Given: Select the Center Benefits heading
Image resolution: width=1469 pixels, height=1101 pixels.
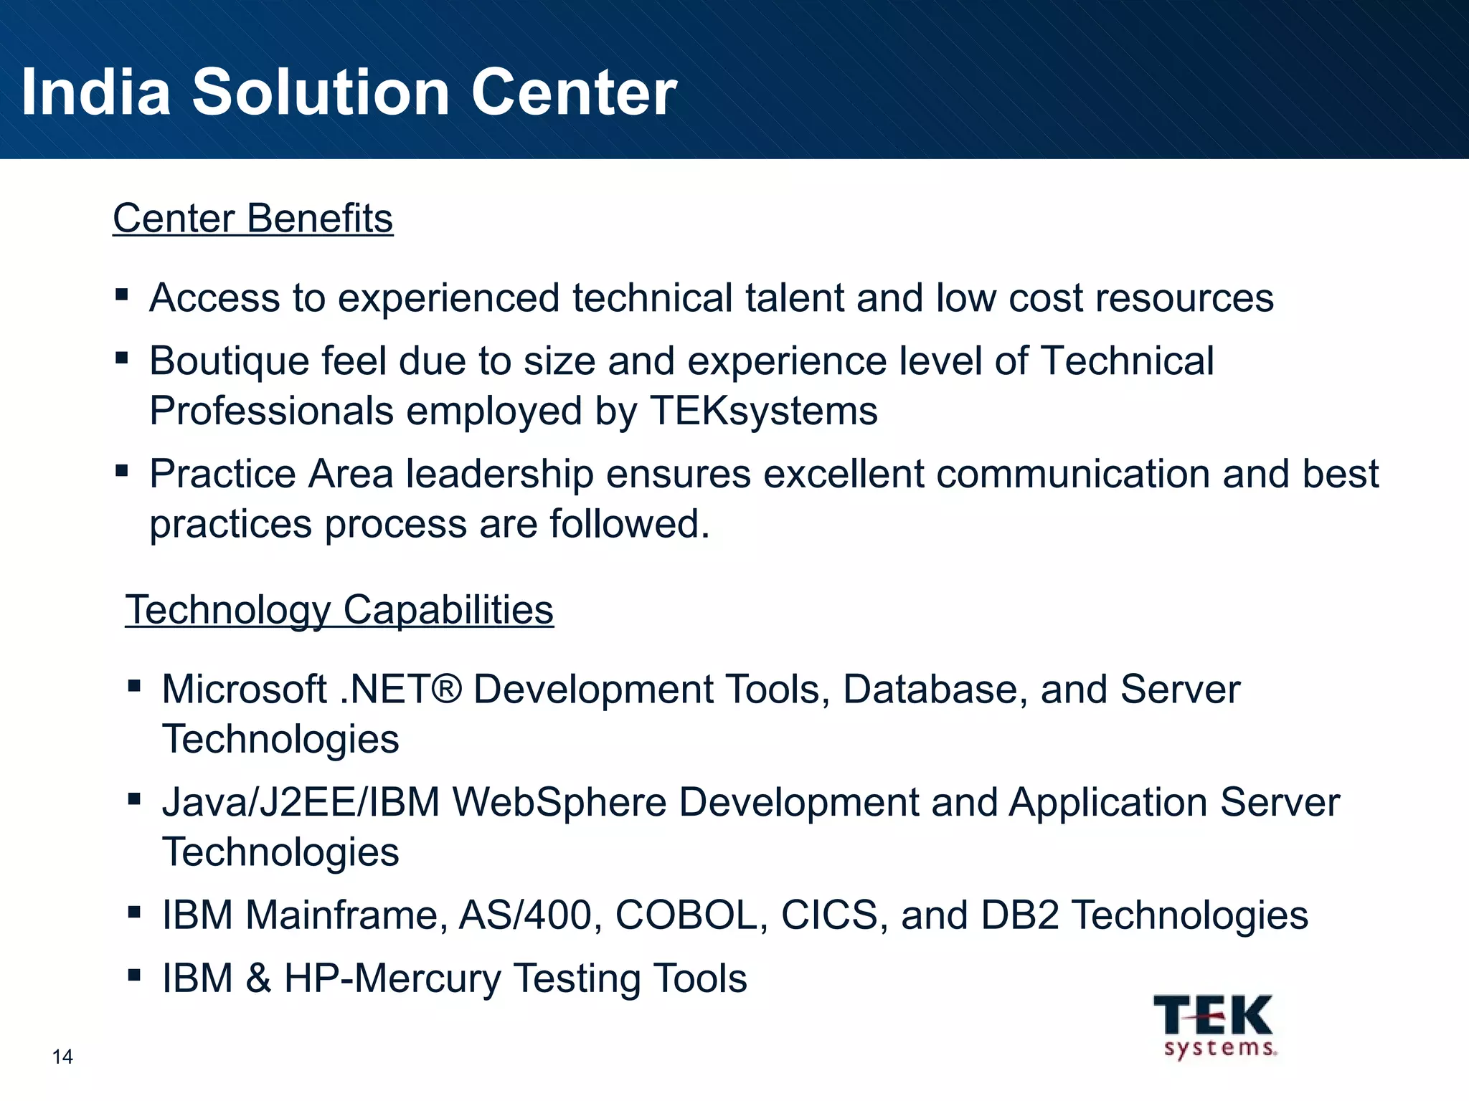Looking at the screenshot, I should pos(252,218).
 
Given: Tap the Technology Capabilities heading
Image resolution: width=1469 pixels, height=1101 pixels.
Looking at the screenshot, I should pos(339,610).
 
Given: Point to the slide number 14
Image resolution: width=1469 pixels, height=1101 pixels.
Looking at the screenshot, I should pos(62,1057).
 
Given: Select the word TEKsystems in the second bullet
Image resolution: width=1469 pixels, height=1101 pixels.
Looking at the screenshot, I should pos(764,411).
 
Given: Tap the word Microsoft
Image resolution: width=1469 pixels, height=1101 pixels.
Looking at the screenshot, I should pos(244,690).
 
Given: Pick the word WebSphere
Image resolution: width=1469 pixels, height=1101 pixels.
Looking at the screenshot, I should pos(559,802).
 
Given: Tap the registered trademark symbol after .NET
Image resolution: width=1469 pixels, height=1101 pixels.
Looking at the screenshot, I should pos(448,690).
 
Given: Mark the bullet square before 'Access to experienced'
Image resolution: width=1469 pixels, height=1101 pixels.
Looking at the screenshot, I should pos(121,295).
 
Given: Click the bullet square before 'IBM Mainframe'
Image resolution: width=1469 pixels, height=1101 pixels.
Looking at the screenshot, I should pos(133,912).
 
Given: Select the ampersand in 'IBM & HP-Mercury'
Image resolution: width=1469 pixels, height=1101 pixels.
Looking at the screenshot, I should pos(259,978).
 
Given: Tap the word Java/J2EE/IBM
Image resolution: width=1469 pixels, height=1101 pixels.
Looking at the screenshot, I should pos(301,802).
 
